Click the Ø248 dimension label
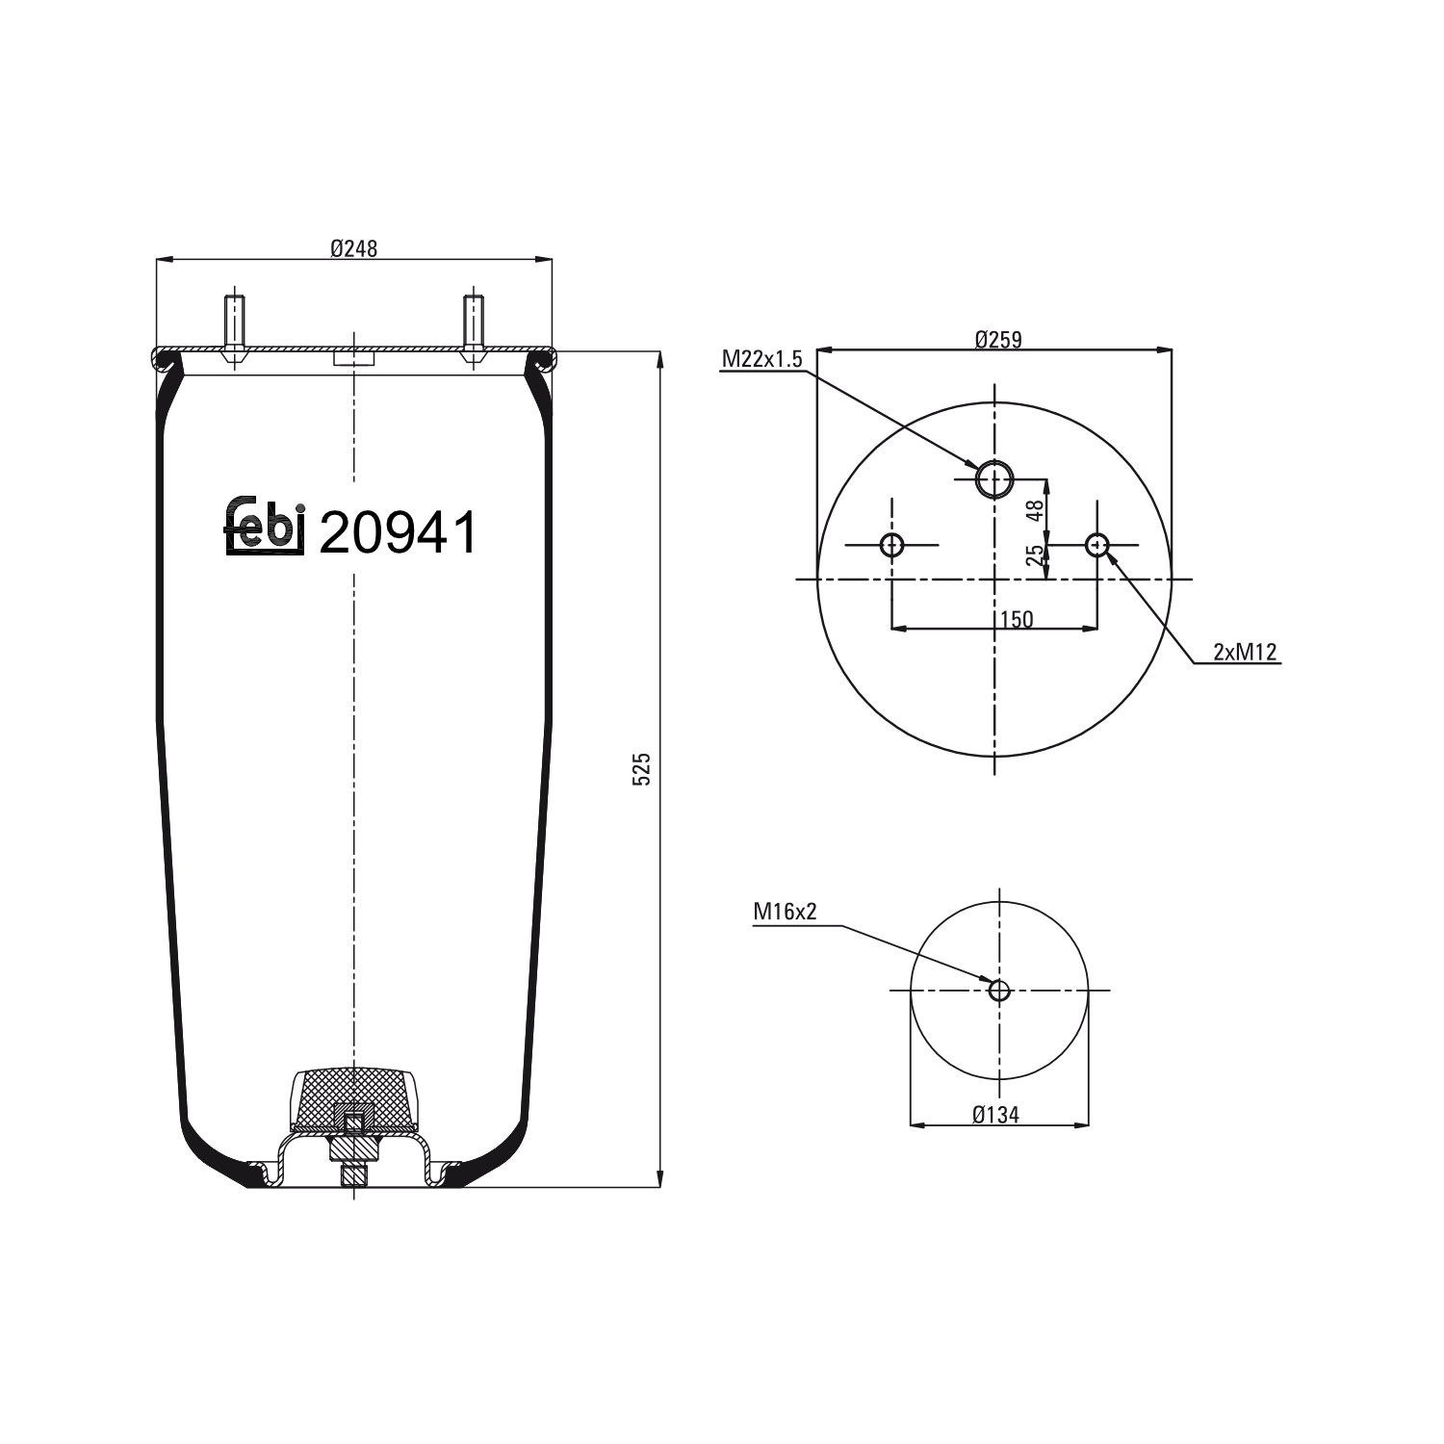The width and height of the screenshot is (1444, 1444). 353,248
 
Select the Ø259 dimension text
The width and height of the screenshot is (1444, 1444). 997,339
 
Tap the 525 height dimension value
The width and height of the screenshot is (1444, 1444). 642,769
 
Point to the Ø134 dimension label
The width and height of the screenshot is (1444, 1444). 995,1115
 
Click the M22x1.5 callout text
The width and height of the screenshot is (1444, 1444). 761,359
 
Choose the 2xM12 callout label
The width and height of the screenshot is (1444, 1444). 1244,652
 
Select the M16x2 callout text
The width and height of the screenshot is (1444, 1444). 785,911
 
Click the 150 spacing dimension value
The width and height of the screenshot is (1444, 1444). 1016,619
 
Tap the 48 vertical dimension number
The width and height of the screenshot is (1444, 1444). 1035,510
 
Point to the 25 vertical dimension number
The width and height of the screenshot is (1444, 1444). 1035,555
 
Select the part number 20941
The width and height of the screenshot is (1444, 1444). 398,532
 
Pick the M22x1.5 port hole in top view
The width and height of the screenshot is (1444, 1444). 994,478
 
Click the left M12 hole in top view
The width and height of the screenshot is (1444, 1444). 891,545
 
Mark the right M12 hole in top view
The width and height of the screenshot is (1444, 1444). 1097,545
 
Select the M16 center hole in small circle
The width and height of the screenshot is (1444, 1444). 999,990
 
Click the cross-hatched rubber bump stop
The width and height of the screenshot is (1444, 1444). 354,1097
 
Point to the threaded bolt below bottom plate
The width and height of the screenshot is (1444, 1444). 354,1176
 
